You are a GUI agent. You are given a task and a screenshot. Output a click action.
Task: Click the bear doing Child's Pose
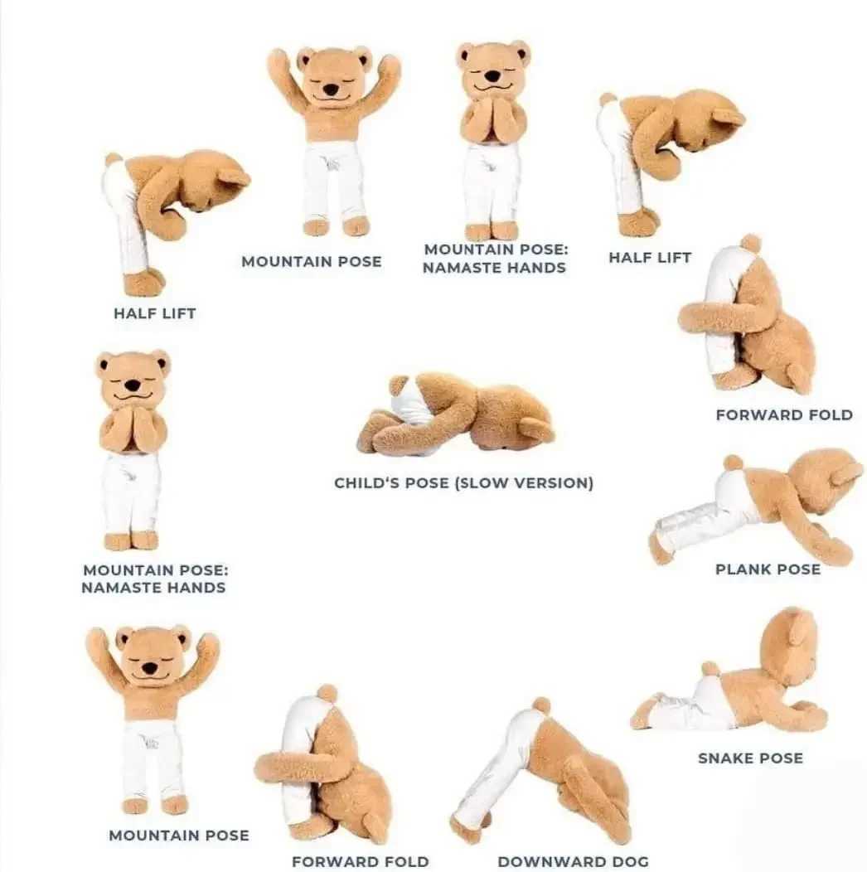point(456,414)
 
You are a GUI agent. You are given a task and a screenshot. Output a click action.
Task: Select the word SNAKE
point(724,758)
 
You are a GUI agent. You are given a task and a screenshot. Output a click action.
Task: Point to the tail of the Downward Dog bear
point(542,705)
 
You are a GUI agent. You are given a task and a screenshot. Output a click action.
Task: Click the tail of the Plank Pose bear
point(733,463)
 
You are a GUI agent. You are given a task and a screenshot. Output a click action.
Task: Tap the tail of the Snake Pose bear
point(710,668)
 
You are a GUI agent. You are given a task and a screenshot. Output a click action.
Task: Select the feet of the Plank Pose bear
point(661,547)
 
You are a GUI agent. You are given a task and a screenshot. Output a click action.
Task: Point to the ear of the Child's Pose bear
point(535,429)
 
